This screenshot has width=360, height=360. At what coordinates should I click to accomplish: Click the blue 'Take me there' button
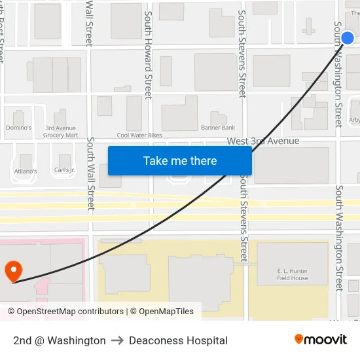point(180,161)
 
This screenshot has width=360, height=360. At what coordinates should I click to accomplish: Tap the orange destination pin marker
point(13,271)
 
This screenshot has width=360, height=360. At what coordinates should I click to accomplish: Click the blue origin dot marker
point(348,38)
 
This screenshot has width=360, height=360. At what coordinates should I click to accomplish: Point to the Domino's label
point(18,128)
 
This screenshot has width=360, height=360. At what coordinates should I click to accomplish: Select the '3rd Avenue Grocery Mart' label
point(61,132)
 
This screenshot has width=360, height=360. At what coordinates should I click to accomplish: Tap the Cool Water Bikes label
point(139,135)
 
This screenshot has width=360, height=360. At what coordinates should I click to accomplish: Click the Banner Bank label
point(218,128)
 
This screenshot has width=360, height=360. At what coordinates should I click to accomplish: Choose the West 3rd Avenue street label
point(263,141)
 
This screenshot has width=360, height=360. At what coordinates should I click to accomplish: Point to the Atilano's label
point(26,171)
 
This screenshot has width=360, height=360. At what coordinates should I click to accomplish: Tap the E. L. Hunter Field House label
point(293,274)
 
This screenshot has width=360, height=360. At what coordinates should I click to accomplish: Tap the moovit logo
point(321,340)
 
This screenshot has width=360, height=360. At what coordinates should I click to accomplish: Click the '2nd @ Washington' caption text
point(60,340)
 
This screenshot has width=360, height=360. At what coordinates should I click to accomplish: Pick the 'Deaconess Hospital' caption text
point(178,340)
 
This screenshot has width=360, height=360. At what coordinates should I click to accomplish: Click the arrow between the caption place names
point(117,340)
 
